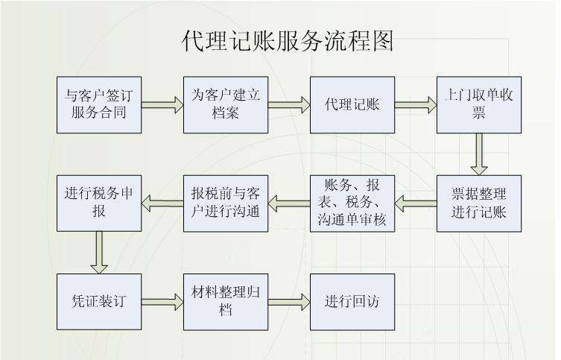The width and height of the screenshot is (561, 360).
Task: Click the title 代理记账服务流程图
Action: pos(288,42)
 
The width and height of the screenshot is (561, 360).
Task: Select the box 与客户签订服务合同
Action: pos(99,104)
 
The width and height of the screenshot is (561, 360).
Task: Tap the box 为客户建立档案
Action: pos(226,104)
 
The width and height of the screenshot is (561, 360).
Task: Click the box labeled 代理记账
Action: pos(352,104)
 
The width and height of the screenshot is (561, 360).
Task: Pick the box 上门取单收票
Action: pos(479,104)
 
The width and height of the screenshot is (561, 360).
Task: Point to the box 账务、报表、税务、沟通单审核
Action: pos(352,203)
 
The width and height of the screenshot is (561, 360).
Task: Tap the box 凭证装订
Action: pos(99,302)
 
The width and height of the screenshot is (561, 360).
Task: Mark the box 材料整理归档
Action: pos(226,302)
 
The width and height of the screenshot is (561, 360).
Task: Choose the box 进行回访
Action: pos(352,302)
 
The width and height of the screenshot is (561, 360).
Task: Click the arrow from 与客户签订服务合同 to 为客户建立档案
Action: pos(162,105)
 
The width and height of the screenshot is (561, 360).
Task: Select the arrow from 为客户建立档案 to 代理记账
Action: pos(289,105)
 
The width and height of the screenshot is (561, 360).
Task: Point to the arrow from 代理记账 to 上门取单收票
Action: pos(416,105)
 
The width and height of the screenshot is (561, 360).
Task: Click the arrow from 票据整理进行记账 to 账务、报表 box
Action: pos(416,201)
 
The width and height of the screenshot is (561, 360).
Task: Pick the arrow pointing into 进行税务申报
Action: pos(162,201)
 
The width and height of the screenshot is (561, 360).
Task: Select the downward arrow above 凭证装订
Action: pos(99,252)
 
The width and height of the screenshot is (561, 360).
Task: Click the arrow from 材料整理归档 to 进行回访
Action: pos(289,302)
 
